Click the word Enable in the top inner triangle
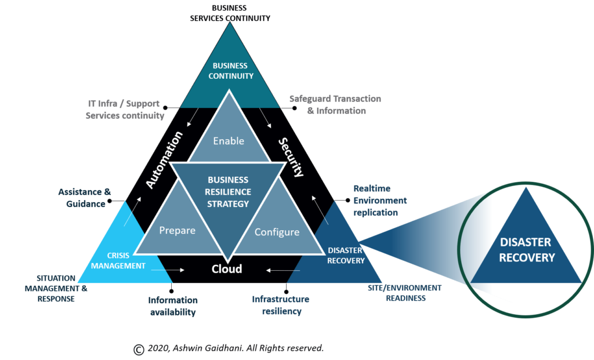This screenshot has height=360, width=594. click(229, 141)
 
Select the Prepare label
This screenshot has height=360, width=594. click(178, 231)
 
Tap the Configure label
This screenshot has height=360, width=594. click(277, 232)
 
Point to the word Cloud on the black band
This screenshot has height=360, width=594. click(227, 269)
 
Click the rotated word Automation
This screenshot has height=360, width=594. click(164, 160)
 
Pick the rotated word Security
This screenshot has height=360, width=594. click(291, 157)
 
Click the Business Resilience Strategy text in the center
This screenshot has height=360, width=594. click(228, 192)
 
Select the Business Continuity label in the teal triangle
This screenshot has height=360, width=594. click(231, 71)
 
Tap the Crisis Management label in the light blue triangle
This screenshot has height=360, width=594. click(118, 261)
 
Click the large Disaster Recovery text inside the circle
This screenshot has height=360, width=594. click(527, 250)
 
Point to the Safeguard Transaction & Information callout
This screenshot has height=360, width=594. click(336, 104)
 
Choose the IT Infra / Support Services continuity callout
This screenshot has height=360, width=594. click(125, 110)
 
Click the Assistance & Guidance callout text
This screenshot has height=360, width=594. click(85, 198)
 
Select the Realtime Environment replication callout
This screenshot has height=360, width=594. click(380, 200)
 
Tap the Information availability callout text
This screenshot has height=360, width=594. click(173, 306)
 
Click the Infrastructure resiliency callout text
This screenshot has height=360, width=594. click(281, 305)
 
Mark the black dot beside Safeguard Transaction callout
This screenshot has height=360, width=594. click(294, 108)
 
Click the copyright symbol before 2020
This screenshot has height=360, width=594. click(139, 350)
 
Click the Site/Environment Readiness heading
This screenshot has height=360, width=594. click(404, 293)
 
